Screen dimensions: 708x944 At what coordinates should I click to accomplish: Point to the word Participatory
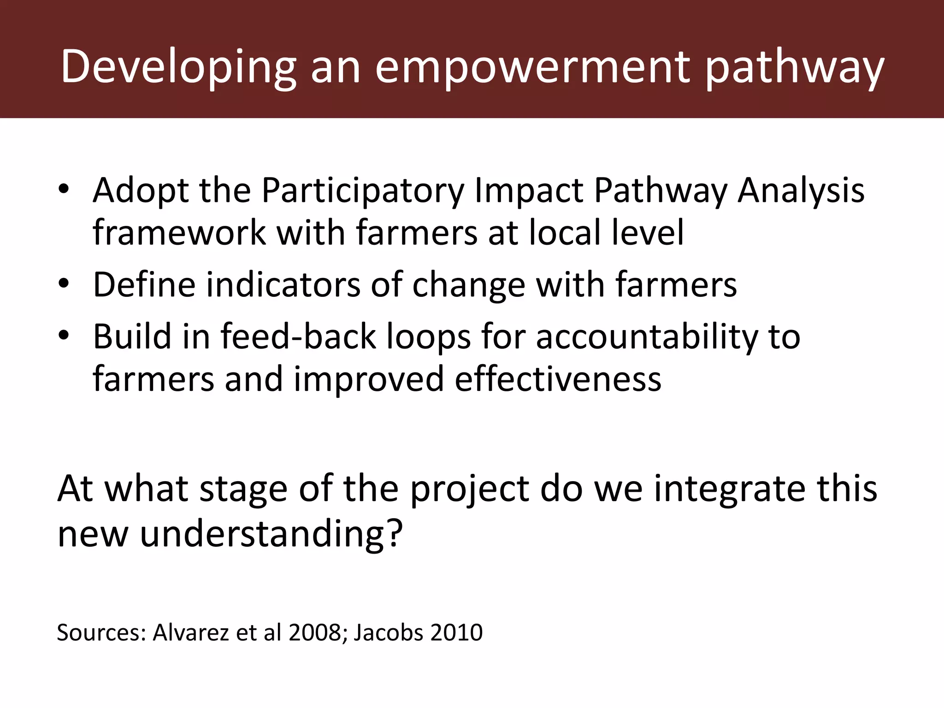pos(362,190)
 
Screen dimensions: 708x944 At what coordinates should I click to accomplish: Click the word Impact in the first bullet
pos(528,190)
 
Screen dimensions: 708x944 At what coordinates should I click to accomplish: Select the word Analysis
pos(801,190)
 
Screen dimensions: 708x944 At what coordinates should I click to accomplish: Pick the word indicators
pos(283,284)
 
